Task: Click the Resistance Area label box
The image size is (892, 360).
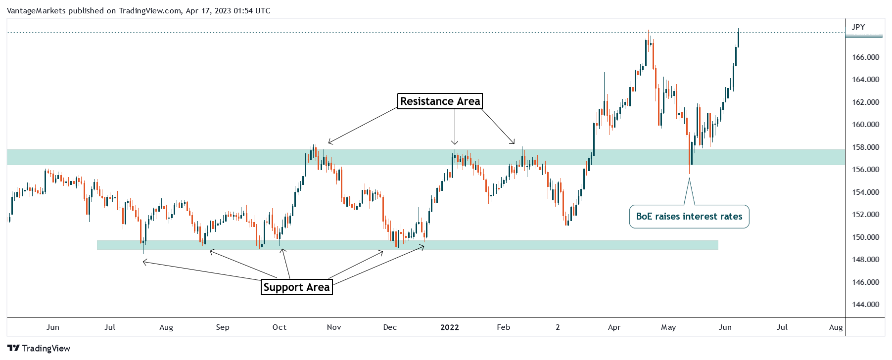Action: tap(440, 101)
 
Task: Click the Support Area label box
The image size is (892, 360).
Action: tap(296, 287)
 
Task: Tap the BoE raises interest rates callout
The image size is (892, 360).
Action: tap(689, 217)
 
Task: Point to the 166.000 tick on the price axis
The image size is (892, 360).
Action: tap(865, 57)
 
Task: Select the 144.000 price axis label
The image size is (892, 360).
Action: tap(865, 305)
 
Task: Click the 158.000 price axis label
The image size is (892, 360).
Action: tap(865, 147)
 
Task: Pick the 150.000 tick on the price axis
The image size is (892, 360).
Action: tap(865, 237)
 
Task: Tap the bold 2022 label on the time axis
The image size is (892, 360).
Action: tap(450, 327)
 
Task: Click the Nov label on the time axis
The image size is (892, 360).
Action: tap(334, 327)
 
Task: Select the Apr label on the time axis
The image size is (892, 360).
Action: tap(614, 327)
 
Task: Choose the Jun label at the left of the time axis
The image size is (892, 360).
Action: tap(52, 327)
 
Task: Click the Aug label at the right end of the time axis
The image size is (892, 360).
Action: tap(836, 327)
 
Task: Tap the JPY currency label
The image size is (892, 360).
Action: tap(858, 27)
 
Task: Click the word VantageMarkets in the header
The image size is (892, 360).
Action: tap(36, 11)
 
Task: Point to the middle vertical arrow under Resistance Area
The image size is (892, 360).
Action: tap(455, 127)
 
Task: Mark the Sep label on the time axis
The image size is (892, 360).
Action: tap(223, 327)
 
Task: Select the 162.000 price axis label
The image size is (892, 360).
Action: tap(865, 102)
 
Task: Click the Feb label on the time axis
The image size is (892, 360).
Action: tap(503, 327)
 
